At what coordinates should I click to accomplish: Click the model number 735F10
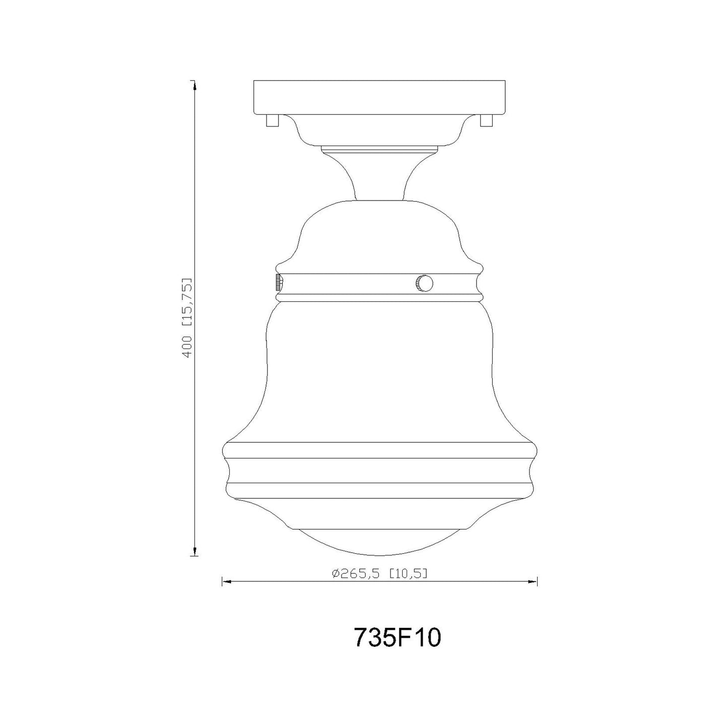point(398,638)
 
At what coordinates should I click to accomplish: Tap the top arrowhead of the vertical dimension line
point(194,86)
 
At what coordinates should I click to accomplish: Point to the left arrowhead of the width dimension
point(226,581)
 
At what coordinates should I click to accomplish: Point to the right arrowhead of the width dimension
point(534,581)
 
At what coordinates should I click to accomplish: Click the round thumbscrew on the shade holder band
point(424,284)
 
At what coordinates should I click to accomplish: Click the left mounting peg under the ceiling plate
point(272,120)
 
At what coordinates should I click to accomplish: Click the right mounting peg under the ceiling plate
point(486,120)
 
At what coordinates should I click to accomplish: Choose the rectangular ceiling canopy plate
point(379,97)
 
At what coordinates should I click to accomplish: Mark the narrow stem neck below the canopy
point(379,176)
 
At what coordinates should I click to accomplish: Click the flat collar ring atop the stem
point(379,149)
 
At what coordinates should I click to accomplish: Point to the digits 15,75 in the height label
point(187,302)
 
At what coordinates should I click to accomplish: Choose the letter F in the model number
point(404,638)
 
